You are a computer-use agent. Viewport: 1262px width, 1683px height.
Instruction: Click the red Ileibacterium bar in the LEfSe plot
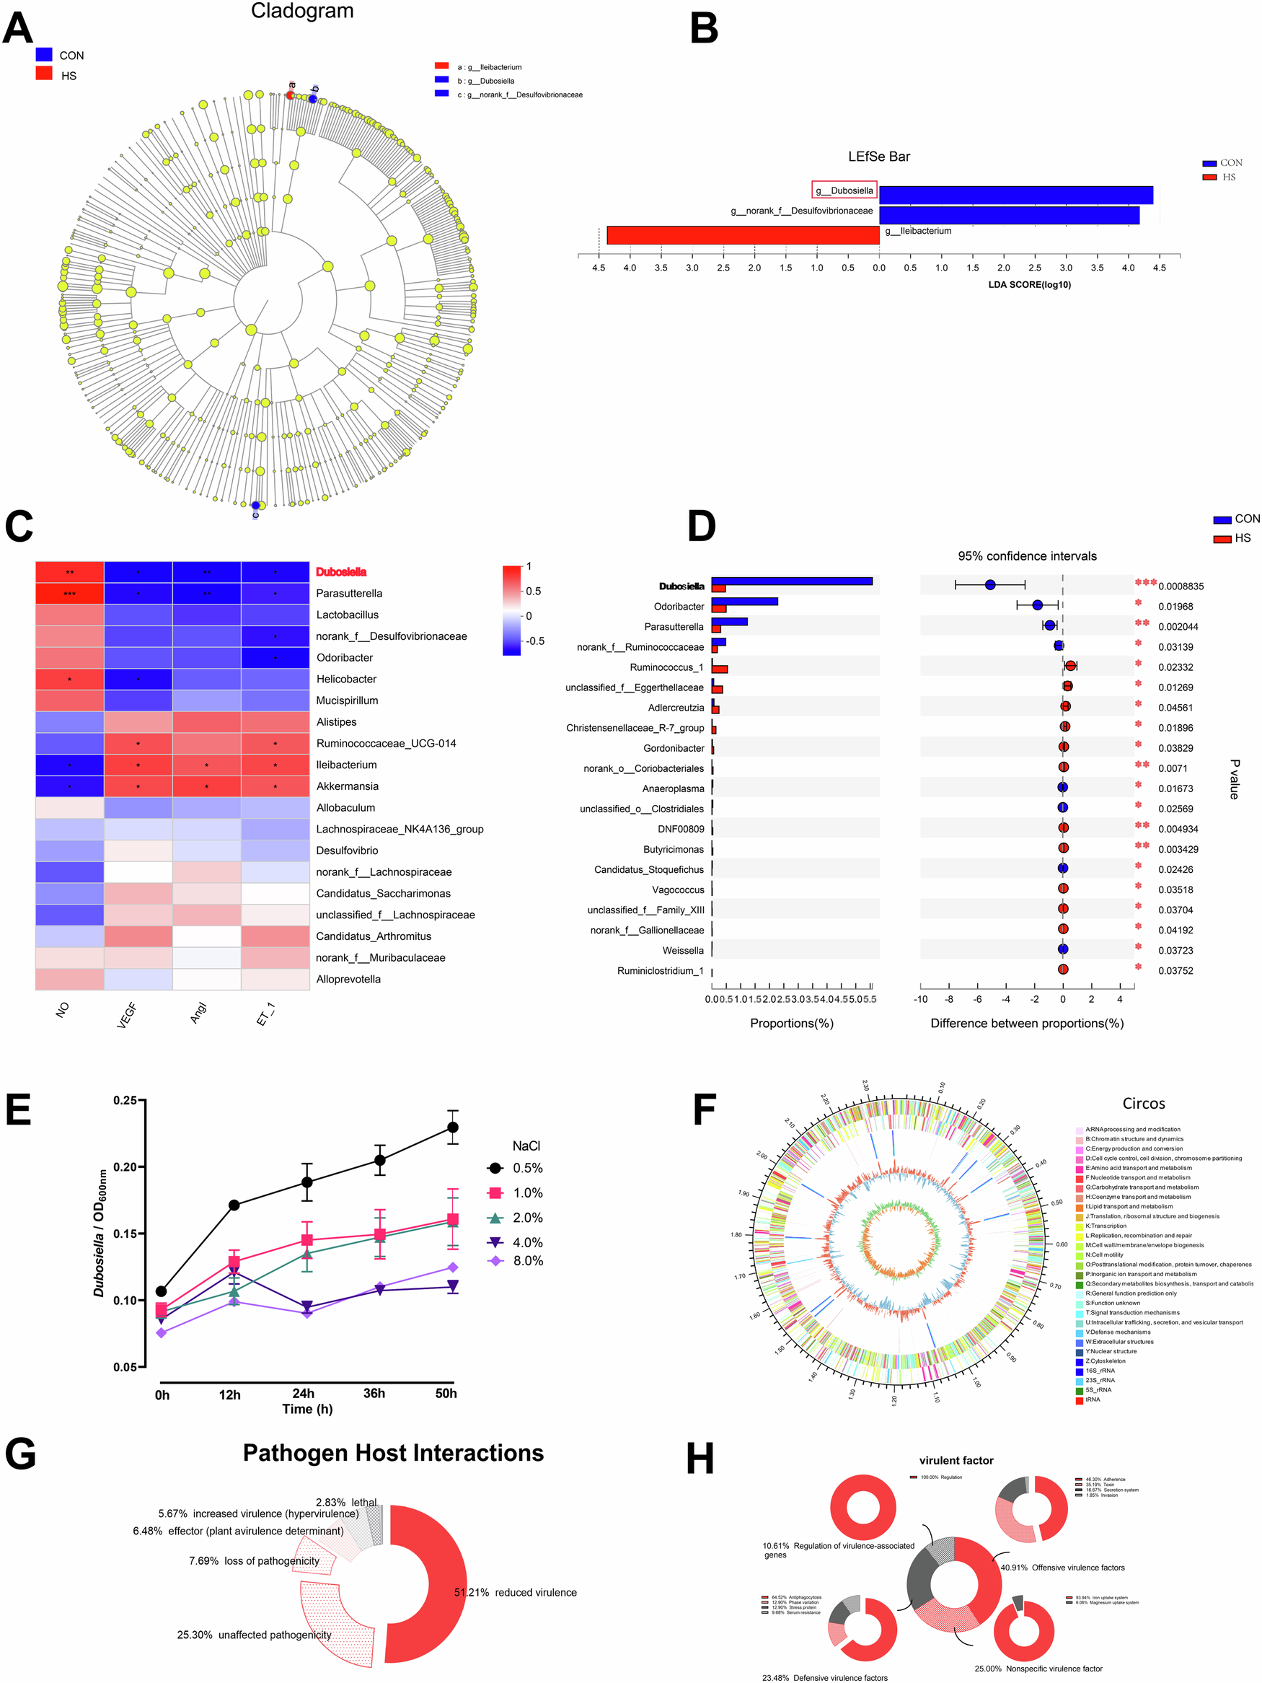coord(743,235)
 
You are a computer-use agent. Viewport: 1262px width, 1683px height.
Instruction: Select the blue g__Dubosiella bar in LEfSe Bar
coord(1015,195)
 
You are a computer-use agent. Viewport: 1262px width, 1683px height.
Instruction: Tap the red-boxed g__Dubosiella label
coord(844,190)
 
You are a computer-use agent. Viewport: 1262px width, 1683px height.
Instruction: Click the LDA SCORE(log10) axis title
coord(1028,284)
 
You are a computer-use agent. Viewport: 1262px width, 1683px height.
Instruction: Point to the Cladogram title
coord(302,12)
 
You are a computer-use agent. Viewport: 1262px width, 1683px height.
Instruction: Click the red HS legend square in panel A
coord(44,74)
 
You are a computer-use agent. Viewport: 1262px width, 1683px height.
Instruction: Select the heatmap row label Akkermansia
coord(346,786)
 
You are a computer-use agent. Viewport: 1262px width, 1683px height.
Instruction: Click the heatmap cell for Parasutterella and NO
coord(69,594)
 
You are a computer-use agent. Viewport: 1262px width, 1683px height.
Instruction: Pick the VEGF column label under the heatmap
coord(127,1015)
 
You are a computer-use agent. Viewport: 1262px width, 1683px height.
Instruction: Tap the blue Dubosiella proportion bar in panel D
coord(791,581)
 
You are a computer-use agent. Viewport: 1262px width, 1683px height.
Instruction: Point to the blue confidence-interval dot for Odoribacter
coord(1037,605)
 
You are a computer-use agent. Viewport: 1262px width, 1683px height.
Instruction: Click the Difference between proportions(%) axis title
coord(1026,1024)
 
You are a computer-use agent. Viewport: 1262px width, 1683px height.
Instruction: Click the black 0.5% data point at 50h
coord(453,1127)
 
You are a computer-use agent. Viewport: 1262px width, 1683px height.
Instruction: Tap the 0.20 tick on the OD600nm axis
coord(125,1167)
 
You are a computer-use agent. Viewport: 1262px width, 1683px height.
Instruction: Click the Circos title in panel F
coord(1142,1103)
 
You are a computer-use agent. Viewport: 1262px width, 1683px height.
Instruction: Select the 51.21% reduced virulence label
coord(515,1592)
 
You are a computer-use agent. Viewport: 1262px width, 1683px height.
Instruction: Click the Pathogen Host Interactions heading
coord(392,1453)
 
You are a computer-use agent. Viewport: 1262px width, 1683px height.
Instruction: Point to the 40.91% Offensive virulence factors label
coord(1062,1568)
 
